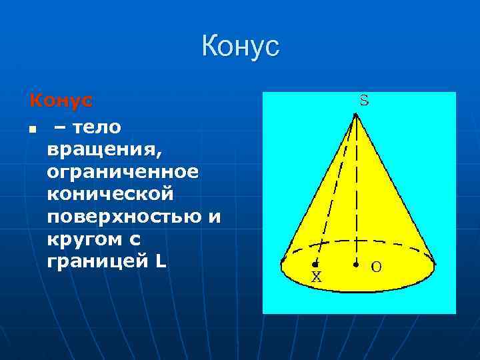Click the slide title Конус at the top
[x=240, y=47]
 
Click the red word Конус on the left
[x=61, y=101]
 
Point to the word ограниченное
[x=123, y=171]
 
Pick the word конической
[x=110, y=194]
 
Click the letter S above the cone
[x=364, y=101]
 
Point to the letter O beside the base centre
[x=376, y=267]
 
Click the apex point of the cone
[x=356, y=114]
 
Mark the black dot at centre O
[x=356, y=265]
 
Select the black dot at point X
[x=315, y=265]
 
